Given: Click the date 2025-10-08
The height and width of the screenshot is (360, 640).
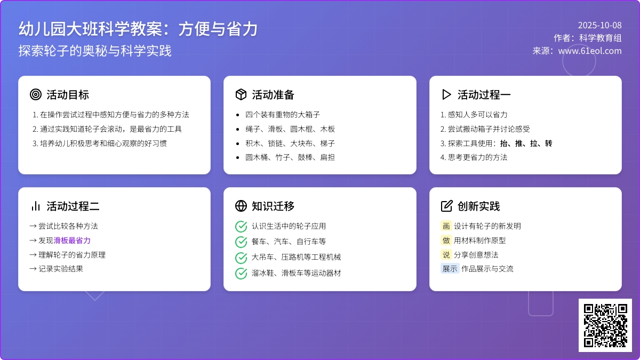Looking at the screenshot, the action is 599,26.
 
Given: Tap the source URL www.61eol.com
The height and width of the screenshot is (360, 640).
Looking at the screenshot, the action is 590,51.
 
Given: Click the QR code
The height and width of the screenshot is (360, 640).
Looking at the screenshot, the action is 605,325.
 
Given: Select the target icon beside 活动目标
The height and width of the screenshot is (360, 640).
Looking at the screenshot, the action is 36,94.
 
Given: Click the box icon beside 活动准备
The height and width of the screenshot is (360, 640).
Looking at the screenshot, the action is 241,94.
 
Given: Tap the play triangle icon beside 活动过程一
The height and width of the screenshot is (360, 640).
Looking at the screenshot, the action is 446,94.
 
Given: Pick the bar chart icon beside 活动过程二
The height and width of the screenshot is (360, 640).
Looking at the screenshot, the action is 36,206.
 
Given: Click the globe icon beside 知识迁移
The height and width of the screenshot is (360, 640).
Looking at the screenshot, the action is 241,206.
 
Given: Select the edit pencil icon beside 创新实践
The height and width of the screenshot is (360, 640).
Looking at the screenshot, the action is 446,206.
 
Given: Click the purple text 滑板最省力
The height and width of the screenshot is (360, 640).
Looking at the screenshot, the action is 72,241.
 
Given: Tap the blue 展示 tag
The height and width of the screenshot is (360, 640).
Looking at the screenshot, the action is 450,269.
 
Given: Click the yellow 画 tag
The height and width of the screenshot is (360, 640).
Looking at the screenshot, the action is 446,226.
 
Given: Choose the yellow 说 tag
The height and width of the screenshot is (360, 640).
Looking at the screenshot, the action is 446,254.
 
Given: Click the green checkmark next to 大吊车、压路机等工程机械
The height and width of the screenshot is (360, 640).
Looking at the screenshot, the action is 241,258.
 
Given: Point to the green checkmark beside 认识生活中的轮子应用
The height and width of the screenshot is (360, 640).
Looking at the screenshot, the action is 241,227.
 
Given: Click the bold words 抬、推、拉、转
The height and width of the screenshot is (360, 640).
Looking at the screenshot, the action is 526,143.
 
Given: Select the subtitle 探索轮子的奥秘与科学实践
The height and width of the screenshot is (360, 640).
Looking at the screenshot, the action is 95,51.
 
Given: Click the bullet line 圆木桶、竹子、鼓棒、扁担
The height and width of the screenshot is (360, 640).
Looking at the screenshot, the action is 290,157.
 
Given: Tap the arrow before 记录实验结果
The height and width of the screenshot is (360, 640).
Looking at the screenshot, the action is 33,269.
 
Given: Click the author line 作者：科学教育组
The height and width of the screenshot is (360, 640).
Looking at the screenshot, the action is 587,38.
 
